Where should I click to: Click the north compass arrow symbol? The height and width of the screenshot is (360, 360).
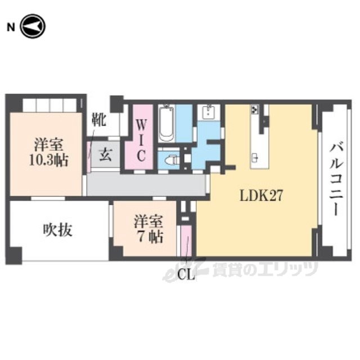click(33, 26)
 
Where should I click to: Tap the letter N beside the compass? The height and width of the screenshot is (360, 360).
click(11, 28)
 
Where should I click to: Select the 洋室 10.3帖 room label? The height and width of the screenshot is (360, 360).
click(49, 152)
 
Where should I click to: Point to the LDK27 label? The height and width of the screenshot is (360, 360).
click(260, 196)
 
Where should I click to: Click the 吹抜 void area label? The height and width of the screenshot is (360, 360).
click(57, 230)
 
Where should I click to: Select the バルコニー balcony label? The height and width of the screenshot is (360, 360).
click(336, 179)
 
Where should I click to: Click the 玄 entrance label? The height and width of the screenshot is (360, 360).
click(105, 155)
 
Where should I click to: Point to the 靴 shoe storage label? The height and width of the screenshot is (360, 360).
click(99, 120)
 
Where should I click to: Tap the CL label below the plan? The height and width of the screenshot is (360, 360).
click(186, 275)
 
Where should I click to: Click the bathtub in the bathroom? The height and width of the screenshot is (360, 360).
click(166, 123)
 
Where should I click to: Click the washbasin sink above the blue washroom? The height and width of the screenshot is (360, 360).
click(209, 112)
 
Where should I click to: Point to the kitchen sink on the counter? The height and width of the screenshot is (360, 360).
click(255, 157)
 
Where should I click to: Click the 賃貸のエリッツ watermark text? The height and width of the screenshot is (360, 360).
click(265, 269)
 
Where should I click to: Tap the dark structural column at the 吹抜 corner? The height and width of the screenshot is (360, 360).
click(14, 255)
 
